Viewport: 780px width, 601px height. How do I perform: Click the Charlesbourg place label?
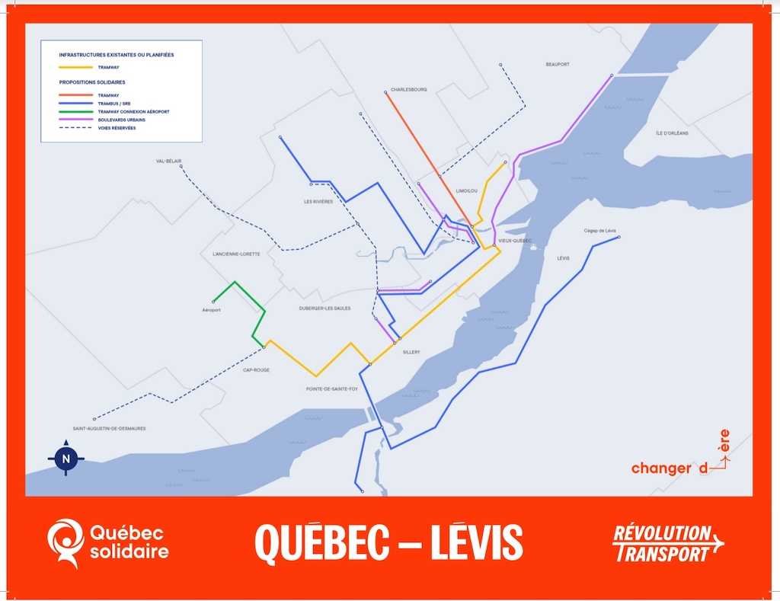coord(408,90)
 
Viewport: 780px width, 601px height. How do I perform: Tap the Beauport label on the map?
coord(558,65)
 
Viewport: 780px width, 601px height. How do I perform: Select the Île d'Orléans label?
coord(672,133)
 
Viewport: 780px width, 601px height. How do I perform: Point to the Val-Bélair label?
coord(168,161)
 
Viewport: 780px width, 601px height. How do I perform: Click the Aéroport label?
coord(211,310)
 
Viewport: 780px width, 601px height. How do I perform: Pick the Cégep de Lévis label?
coord(599,230)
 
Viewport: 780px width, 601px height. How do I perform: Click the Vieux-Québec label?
coord(514,241)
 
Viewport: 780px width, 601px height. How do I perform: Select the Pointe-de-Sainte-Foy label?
coord(332,388)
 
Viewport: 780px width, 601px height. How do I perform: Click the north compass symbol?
coord(66,459)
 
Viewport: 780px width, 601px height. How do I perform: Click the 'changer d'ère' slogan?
coord(680,462)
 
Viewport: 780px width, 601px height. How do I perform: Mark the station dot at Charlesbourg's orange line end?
coord(386,93)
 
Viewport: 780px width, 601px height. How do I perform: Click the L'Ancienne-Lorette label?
coord(236,254)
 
